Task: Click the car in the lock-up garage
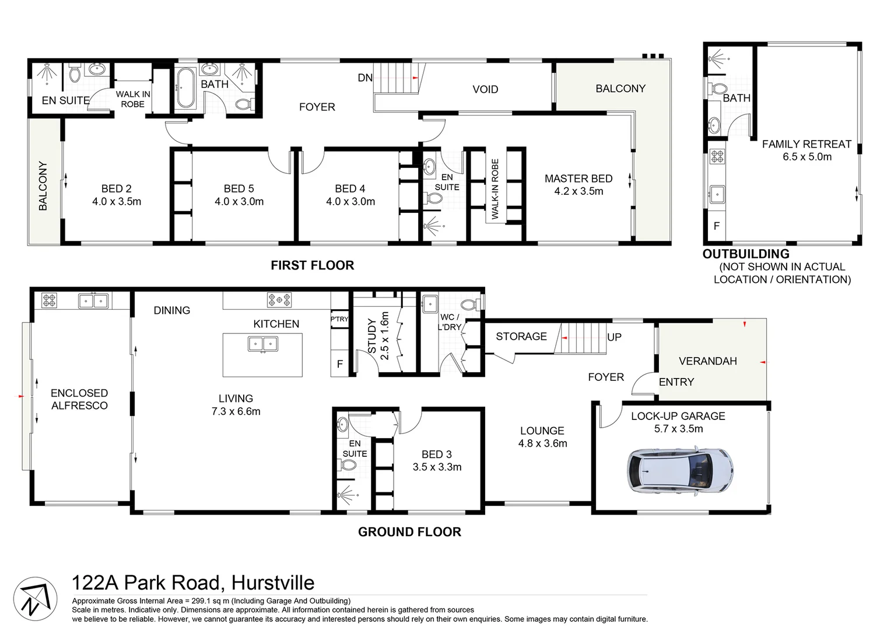pos(680,471)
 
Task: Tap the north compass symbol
pos(35,599)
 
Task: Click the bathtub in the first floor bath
pos(185,89)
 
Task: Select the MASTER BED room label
pos(578,178)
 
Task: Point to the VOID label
pos(485,89)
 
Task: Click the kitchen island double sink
pos(262,344)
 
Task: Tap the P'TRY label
pos(339,319)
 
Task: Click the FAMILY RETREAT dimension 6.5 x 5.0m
pos(807,157)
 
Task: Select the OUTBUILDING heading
pos(746,254)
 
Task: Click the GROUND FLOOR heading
pos(409,532)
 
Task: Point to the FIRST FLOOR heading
pos(312,265)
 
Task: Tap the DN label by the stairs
pos(365,78)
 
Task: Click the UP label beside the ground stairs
pos(614,337)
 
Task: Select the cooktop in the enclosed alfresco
pos(49,301)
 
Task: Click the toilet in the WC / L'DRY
pos(469,304)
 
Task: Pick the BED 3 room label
pos(437,454)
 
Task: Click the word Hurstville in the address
pos(272,583)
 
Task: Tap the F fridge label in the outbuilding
pos(716,226)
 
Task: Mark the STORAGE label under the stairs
pos(521,337)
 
